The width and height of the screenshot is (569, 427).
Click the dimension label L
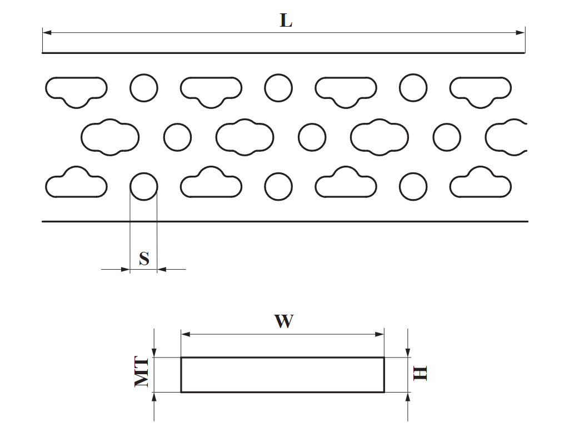(286, 21)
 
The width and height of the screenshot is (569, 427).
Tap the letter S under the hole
(144, 259)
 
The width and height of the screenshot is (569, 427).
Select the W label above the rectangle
(283, 321)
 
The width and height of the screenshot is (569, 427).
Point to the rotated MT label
(143, 372)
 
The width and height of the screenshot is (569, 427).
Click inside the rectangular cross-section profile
(282, 375)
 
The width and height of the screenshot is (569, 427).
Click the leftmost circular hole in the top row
(144, 87)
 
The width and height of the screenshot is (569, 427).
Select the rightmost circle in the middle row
(447, 137)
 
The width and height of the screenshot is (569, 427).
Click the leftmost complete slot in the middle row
(110, 137)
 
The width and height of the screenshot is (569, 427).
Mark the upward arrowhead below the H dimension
(408, 396)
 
